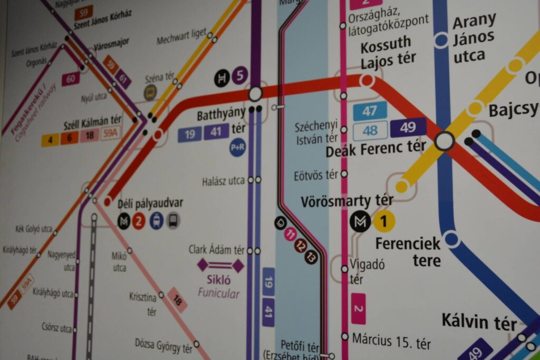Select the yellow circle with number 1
tap(384, 221)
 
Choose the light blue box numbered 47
tap(370, 111)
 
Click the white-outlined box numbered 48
tap(370, 131)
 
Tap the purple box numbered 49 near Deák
tap(408, 128)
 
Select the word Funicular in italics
tap(218, 294)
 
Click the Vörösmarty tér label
tap(346, 201)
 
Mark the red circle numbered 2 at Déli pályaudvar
tap(139, 221)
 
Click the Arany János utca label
tap(474, 38)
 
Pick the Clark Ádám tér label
tap(217, 250)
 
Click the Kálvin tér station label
tap(478, 321)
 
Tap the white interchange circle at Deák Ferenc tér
tap(444, 141)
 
